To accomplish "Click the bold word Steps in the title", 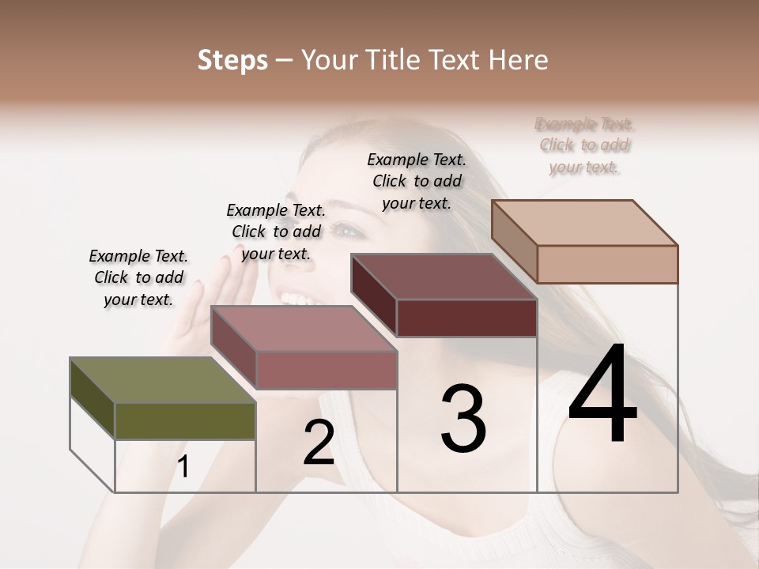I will point(232,60).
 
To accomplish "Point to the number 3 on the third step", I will point(463,419).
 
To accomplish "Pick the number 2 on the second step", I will point(319,443).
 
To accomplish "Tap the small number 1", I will point(183,467).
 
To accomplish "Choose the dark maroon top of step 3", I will point(444,277).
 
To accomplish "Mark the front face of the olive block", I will point(185,421).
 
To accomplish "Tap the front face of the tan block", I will point(607,264).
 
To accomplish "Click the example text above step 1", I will point(138,277).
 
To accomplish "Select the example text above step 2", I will point(276,232).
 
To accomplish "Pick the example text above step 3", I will point(417,181).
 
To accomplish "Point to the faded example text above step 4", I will point(584,145).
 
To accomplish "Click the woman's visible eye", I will point(346,231).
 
